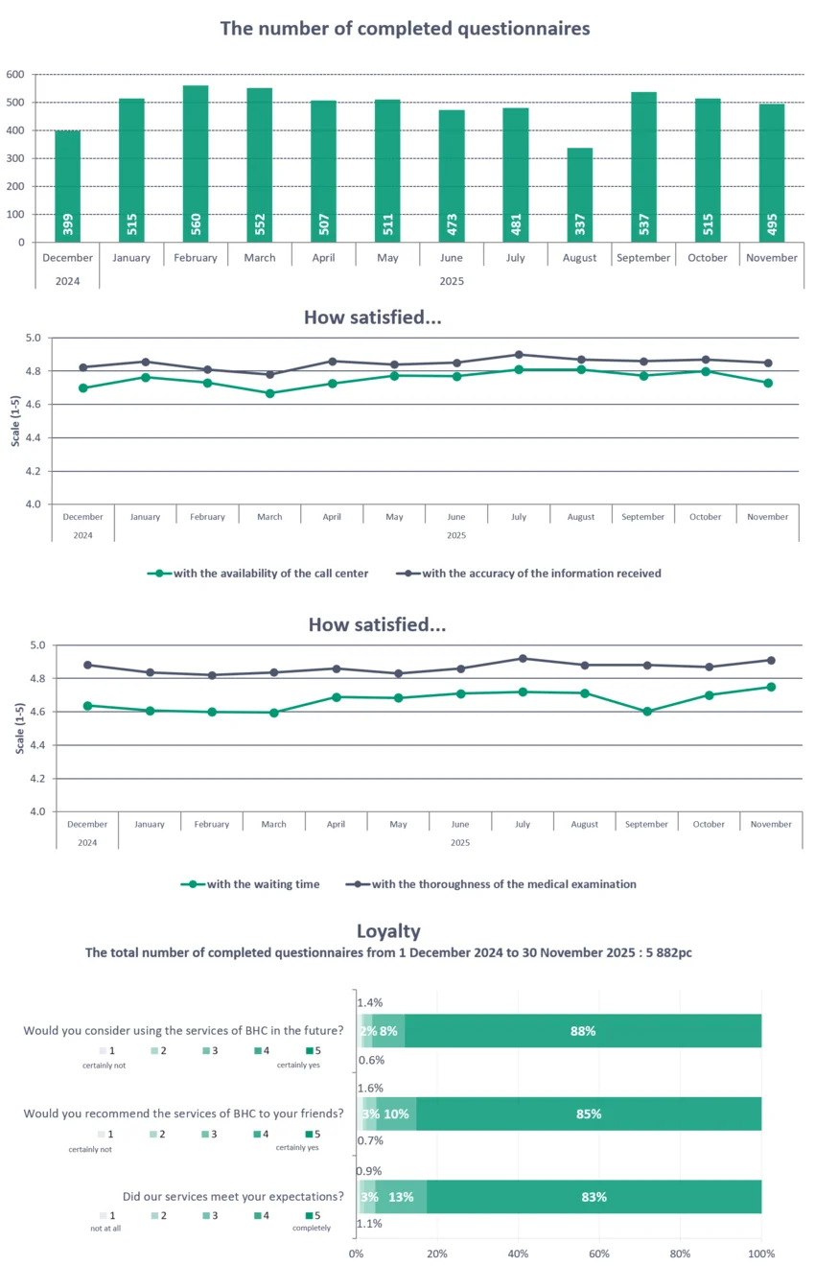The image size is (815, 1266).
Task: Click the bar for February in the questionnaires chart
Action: pyautogui.click(x=196, y=163)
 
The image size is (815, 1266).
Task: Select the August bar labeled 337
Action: pyautogui.click(x=579, y=195)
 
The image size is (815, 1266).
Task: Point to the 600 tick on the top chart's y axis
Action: pyautogui.click(x=14, y=74)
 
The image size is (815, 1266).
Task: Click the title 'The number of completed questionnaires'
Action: pyautogui.click(x=405, y=28)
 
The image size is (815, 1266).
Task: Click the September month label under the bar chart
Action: pyautogui.click(x=642, y=257)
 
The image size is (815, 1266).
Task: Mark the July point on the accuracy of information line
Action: pyautogui.click(x=519, y=354)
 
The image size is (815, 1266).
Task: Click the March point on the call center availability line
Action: pyautogui.click(x=269, y=393)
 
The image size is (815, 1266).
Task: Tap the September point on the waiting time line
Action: pyautogui.click(x=647, y=712)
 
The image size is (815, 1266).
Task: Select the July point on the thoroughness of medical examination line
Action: pyautogui.click(x=523, y=658)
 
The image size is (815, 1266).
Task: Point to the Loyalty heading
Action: pyautogui.click(x=388, y=930)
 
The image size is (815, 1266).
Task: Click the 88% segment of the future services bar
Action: pyautogui.click(x=583, y=1031)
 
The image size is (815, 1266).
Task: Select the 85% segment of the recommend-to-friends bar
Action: pyautogui.click(x=589, y=1114)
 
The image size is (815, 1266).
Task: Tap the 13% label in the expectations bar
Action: pyautogui.click(x=401, y=1197)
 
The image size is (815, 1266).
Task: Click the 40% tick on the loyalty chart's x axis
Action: pyautogui.click(x=519, y=1254)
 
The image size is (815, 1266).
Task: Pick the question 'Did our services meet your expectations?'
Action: pyautogui.click(x=233, y=1196)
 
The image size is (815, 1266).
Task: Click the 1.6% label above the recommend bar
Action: pyautogui.click(x=370, y=1089)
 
